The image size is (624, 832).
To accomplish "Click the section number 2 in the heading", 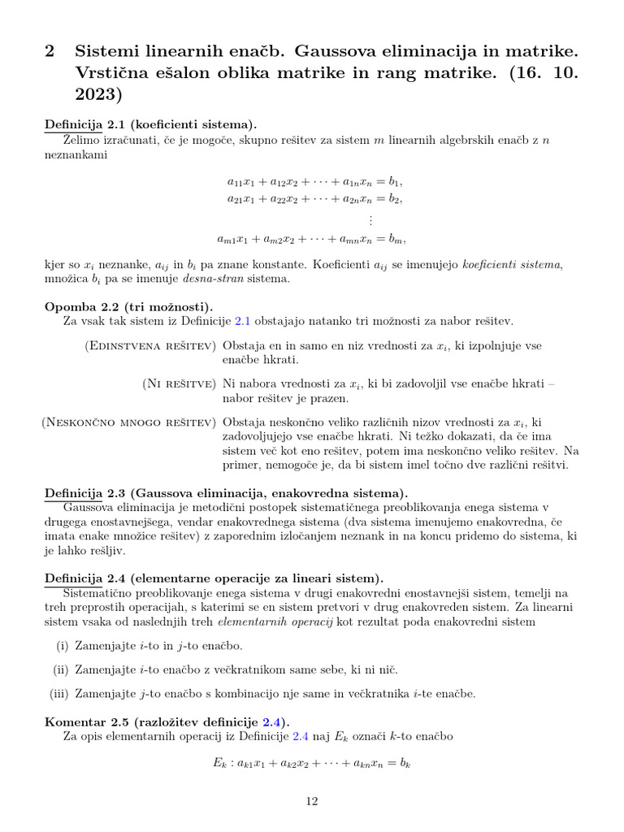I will point(50,51).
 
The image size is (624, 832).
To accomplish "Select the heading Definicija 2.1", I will point(150,124).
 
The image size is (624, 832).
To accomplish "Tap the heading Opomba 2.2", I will point(129,306).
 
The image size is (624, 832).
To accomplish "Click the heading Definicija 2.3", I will point(227,493).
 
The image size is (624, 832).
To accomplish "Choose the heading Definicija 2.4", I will point(214,578).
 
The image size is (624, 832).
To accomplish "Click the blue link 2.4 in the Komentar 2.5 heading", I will point(271,722).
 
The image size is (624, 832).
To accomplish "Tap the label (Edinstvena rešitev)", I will point(149,346).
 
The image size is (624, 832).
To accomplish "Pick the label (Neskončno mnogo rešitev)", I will point(128,422).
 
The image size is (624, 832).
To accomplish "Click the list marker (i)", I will point(63,646).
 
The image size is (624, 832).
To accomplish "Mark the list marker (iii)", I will point(59,694).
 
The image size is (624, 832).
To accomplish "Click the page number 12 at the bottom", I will point(312,801).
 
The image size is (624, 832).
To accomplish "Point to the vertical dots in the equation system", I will point(370,220).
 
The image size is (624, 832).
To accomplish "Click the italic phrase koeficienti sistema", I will point(513,264).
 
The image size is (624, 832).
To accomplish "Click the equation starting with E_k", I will point(312,765).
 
